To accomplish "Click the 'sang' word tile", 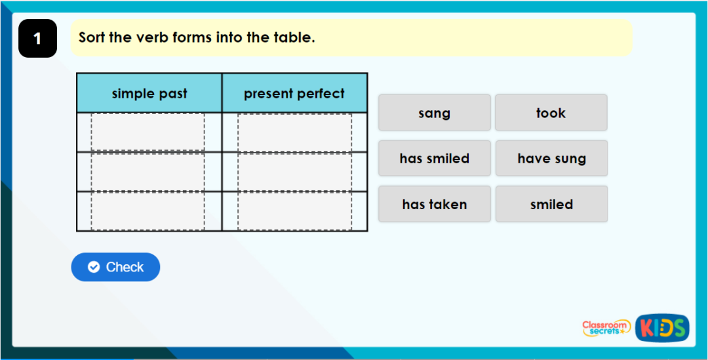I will [434, 113].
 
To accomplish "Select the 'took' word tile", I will [551, 113].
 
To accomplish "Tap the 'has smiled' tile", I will [434, 158].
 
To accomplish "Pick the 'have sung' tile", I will [551, 158].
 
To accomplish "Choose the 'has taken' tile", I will [434, 204].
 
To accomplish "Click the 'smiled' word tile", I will [551, 204].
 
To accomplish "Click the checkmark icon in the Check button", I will [94, 267].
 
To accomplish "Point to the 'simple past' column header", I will [149, 93].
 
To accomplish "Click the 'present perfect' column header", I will [294, 93].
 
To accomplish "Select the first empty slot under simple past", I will [147, 132].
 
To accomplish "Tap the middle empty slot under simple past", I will [147, 172].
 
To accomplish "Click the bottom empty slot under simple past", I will [147, 211].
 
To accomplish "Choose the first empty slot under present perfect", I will [294, 132].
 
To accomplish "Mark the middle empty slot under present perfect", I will [294, 172].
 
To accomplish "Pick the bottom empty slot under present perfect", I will [294, 211].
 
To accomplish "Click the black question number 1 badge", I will [37, 38].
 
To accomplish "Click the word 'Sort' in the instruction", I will [92, 37].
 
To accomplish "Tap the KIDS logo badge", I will [662, 327].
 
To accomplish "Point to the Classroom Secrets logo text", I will [606, 328].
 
